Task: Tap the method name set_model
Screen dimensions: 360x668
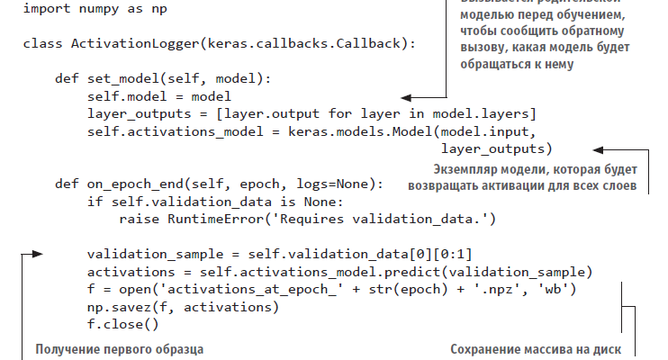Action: (x=121, y=78)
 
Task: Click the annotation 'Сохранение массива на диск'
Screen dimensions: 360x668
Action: (x=536, y=349)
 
